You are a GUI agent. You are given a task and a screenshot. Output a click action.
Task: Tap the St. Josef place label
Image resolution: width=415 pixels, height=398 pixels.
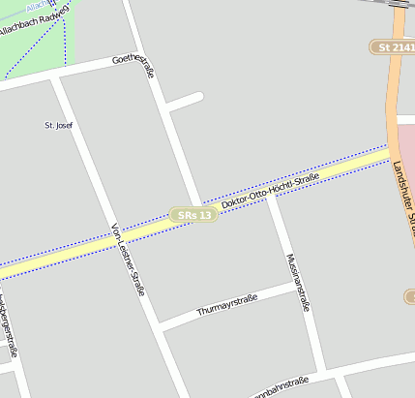pyautogui.click(x=59, y=125)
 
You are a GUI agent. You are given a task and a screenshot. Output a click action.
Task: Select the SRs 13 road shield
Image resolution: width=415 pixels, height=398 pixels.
pyautogui.click(x=192, y=214)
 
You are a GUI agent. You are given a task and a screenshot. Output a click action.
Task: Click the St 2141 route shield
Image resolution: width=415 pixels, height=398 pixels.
pyautogui.click(x=392, y=46)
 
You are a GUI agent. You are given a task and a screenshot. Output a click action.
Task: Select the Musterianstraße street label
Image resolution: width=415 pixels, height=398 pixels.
pyautogui.click(x=298, y=281)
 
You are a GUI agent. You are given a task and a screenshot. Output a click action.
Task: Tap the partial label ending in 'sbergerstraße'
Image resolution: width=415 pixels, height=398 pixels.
pyautogui.click(x=11, y=329)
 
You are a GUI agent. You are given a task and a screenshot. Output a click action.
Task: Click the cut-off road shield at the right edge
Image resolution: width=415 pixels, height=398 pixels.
pyautogui.click(x=409, y=295)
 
